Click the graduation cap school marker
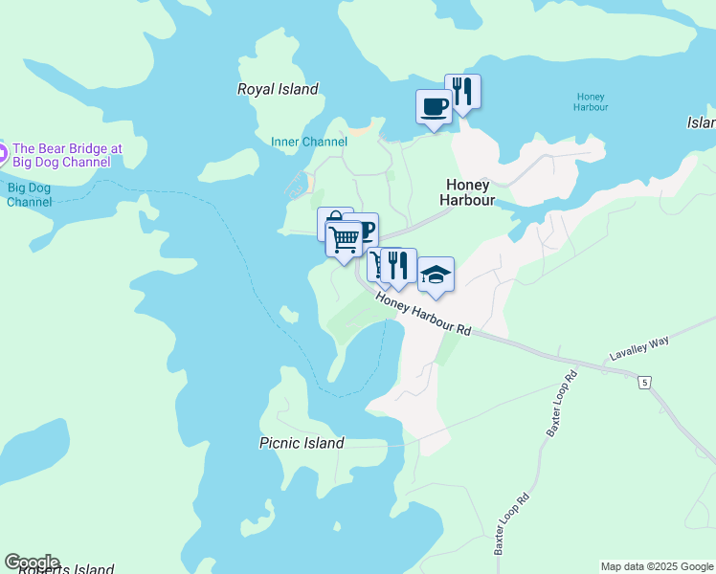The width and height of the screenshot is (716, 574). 436,276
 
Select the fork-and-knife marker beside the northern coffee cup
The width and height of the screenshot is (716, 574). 462,92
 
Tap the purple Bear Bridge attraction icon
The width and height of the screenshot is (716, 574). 3,150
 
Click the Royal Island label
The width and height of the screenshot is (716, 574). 278,89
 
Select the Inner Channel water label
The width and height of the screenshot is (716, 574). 309,142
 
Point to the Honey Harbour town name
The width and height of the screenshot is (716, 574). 466,192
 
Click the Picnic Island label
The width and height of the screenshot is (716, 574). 302,443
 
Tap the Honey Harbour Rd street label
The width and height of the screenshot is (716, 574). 423,313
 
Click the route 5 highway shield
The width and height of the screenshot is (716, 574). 645,383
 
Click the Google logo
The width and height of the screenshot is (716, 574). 32,562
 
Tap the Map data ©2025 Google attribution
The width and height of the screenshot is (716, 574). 656,566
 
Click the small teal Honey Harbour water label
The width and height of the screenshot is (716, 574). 591,101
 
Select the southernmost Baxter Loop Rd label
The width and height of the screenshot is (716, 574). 511,524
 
